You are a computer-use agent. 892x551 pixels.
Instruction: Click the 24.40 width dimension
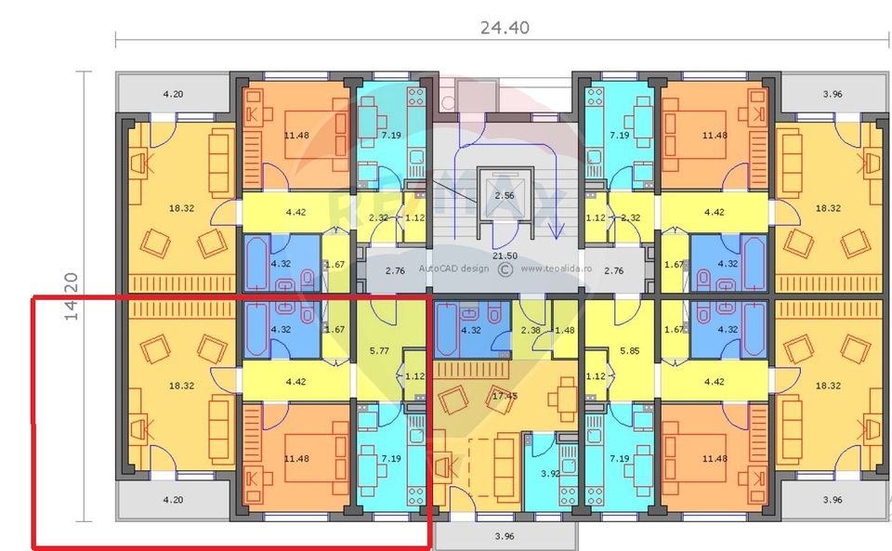(505, 28)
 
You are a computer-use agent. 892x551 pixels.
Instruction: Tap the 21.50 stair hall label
(505, 255)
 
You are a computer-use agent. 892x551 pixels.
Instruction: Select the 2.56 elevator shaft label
(505, 195)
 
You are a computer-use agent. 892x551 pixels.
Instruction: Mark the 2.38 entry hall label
(531, 330)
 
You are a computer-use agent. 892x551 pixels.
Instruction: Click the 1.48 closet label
(564, 330)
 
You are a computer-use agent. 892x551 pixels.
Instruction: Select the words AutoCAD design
(453, 269)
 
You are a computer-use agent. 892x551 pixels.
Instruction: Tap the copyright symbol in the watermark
(505, 269)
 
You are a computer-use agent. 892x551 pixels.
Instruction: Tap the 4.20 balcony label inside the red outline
(173, 500)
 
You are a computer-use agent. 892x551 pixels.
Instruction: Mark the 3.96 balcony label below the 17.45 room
(505, 536)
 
